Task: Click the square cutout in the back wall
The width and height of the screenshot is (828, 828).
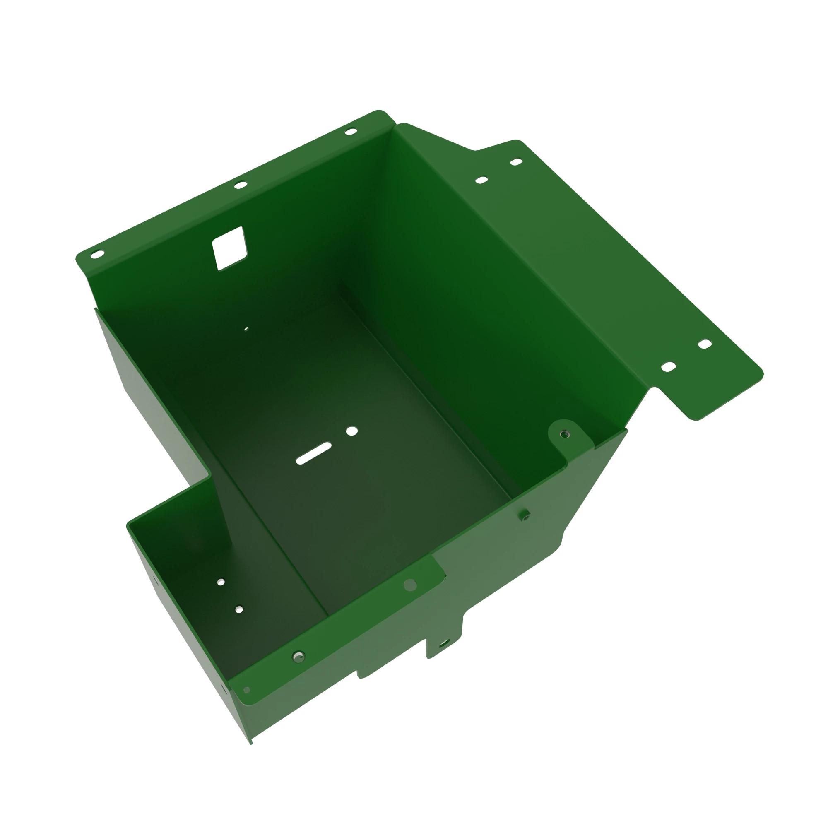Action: click(x=230, y=248)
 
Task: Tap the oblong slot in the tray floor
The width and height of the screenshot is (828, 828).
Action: click(x=314, y=453)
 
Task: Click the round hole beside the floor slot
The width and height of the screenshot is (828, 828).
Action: click(x=351, y=431)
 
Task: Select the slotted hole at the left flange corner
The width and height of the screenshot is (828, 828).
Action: click(x=97, y=254)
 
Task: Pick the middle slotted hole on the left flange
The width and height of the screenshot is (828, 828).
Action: click(x=241, y=185)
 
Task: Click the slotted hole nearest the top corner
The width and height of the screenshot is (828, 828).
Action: click(x=351, y=132)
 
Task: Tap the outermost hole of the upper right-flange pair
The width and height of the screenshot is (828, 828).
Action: click(x=516, y=162)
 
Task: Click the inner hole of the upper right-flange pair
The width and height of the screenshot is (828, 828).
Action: click(x=482, y=180)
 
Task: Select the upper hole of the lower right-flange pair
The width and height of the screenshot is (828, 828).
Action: click(x=705, y=344)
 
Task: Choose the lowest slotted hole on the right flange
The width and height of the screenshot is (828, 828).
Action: click(x=669, y=367)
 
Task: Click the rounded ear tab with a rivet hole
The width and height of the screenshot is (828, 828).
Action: click(x=565, y=434)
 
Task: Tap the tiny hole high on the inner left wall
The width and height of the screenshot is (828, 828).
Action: click(x=246, y=329)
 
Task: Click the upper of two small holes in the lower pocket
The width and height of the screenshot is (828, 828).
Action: click(x=221, y=582)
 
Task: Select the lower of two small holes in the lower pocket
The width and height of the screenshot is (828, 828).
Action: click(x=239, y=609)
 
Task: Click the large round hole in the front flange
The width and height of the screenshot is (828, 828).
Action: click(x=410, y=585)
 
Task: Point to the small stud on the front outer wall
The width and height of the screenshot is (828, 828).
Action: click(x=524, y=515)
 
